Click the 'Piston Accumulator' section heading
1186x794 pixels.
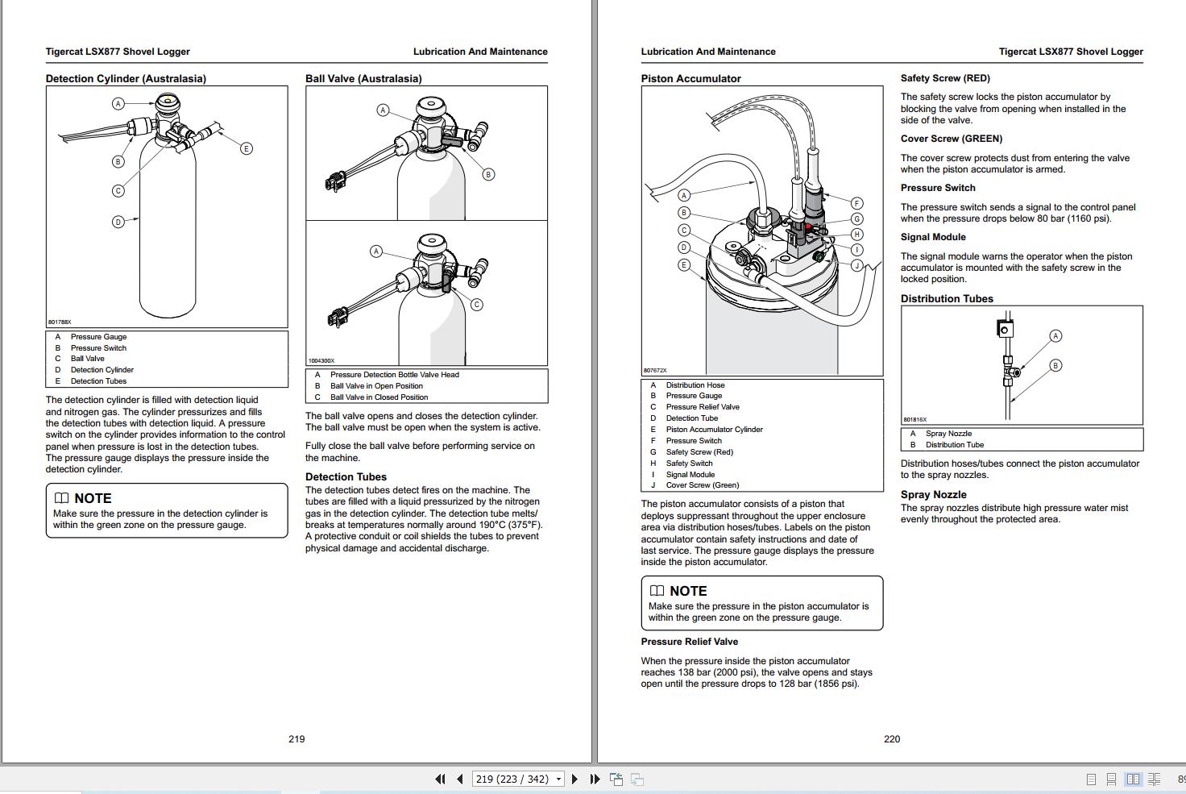click(x=690, y=78)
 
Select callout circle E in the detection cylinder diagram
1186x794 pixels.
click(x=247, y=148)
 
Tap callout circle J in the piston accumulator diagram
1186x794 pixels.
click(x=857, y=265)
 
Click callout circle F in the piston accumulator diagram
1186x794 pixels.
click(x=857, y=204)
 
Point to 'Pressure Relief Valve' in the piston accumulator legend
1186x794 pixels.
click(x=702, y=407)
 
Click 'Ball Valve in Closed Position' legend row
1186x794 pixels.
click(x=379, y=397)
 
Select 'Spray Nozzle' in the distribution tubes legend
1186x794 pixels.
click(x=948, y=434)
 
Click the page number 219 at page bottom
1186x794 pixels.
click(x=296, y=739)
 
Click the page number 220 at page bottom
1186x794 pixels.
click(x=892, y=739)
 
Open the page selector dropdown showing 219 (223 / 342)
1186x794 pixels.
click(x=558, y=779)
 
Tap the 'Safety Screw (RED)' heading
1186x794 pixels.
click(x=945, y=78)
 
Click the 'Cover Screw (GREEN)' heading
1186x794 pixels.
click(x=951, y=139)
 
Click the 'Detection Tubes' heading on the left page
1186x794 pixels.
click(x=346, y=477)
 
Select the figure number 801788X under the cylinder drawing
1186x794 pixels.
click(x=60, y=322)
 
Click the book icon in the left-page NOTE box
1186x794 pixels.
click(x=62, y=498)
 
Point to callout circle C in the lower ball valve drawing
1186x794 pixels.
click(x=477, y=305)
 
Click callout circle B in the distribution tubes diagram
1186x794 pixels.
click(x=1055, y=365)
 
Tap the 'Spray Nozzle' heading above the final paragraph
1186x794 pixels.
click(x=933, y=495)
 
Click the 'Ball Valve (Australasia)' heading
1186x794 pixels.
click(x=363, y=78)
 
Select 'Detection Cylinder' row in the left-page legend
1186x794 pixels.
click(x=102, y=370)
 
